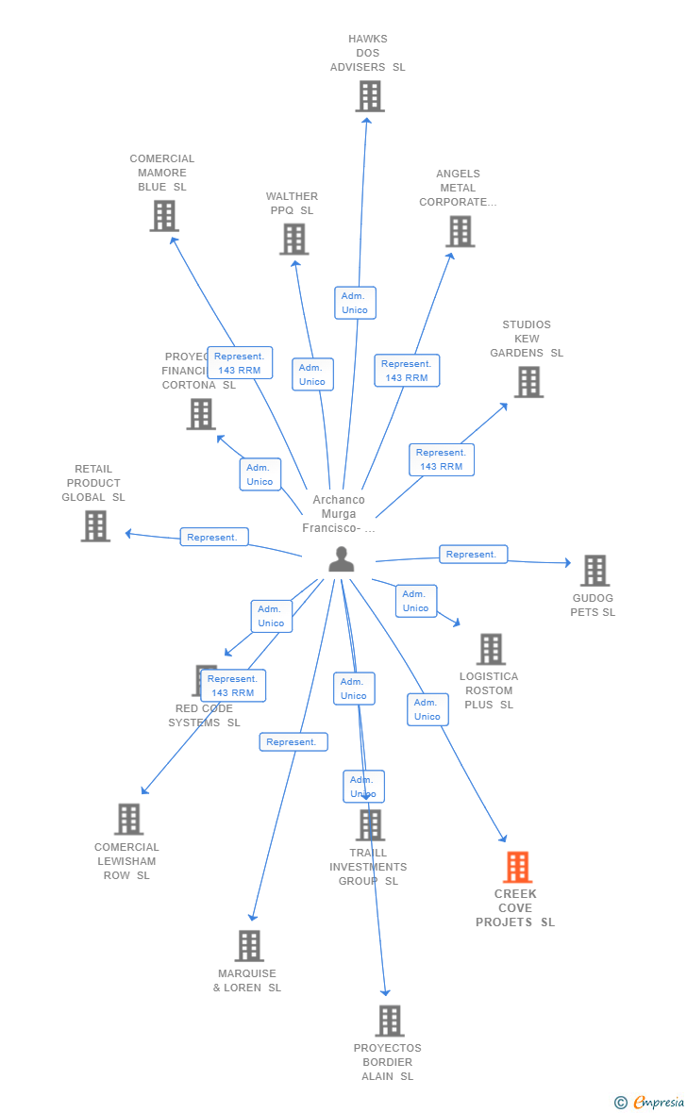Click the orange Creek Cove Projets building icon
pyautogui.click(x=517, y=867)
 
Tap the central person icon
pyautogui.click(x=341, y=559)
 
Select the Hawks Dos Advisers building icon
pyautogui.click(x=369, y=96)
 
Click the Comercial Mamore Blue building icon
pyautogui.click(x=164, y=216)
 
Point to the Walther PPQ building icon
pyautogui.click(x=293, y=240)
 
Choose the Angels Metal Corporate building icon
pyautogui.click(x=460, y=231)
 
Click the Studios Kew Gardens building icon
pyautogui.click(x=528, y=382)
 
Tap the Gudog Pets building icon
pyautogui.click(x=595, y=571)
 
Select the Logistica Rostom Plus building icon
pyautogui.click(x=491, y=649)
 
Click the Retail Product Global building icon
pyautogui.click(x=95, y=526)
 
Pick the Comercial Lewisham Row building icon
pyautogui.click(x=128, y=820)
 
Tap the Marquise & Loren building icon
pyautogui.click(x=249, y=946)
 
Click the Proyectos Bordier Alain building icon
pyautogui.click(x=389, y=1021)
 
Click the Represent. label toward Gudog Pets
pyautogui.click(x=473, y=555)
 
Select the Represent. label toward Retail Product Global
pyautogui.click(x=214, y=537)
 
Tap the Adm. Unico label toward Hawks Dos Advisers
pyautogui.click(x=355, y=303)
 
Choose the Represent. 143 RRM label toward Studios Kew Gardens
pyautogui.click(x=442, y=459)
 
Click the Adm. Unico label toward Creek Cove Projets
pyautogui.click(x=427, y=709)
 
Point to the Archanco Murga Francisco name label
pyautogui.click(x=339, y=514)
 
